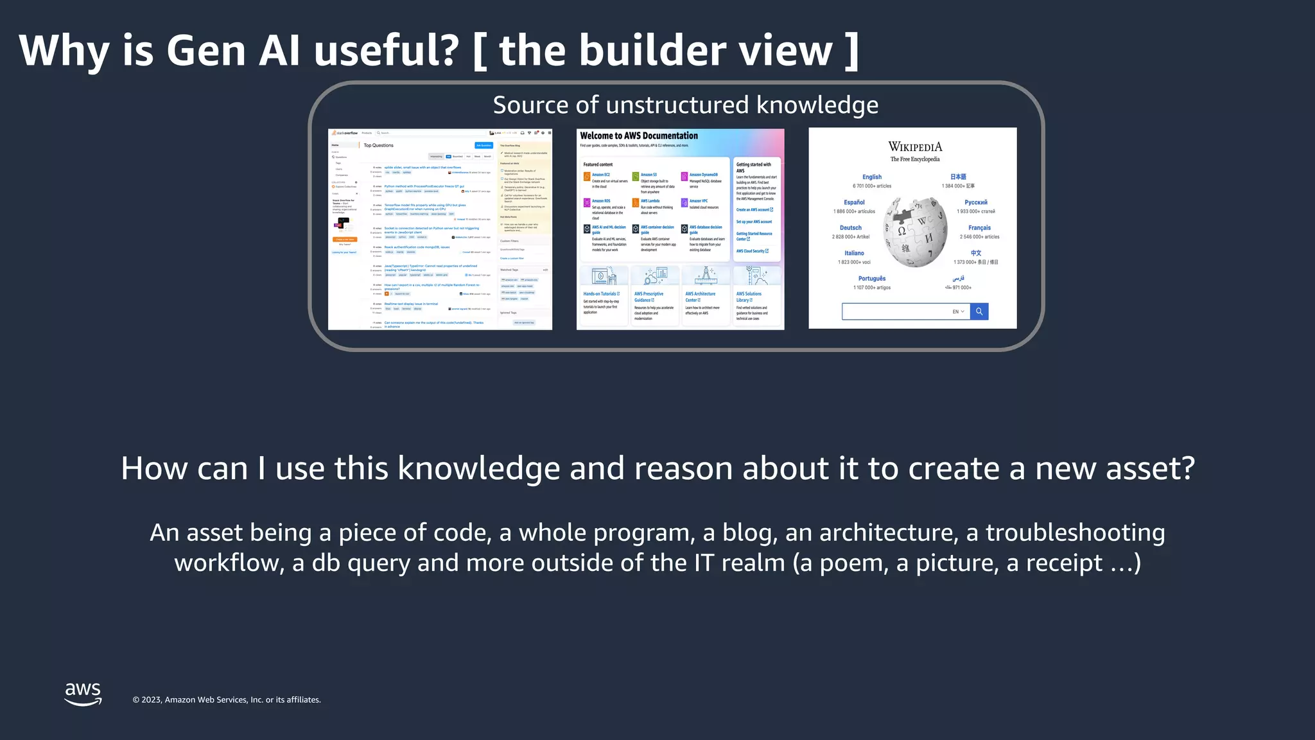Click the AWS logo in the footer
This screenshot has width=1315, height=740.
coord(83,694)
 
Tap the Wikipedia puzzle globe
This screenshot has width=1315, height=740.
coord(915,231)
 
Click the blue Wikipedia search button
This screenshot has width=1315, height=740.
coord(979,312)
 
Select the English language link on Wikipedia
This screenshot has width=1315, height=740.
coord(872,177)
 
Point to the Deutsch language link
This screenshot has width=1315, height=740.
coord(851,227)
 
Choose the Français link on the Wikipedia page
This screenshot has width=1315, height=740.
coord(979,227)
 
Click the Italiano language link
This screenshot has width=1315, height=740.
coord(854,253)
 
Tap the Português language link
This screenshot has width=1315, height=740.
coord(872,278)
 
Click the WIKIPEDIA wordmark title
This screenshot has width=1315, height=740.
coord(915,147)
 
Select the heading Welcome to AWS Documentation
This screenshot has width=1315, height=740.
coord(639,136)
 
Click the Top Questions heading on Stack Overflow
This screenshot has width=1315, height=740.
coord(379,145)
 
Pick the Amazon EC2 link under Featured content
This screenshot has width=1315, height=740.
coord(601,175)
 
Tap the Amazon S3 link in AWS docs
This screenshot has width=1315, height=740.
coord(649,175)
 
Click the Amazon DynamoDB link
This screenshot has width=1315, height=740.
coord(704,175)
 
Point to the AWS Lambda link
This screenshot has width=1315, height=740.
coord(650,201)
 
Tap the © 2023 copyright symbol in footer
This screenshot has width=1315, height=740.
coord(136,700)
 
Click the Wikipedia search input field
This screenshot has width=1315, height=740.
coord(896,312)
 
